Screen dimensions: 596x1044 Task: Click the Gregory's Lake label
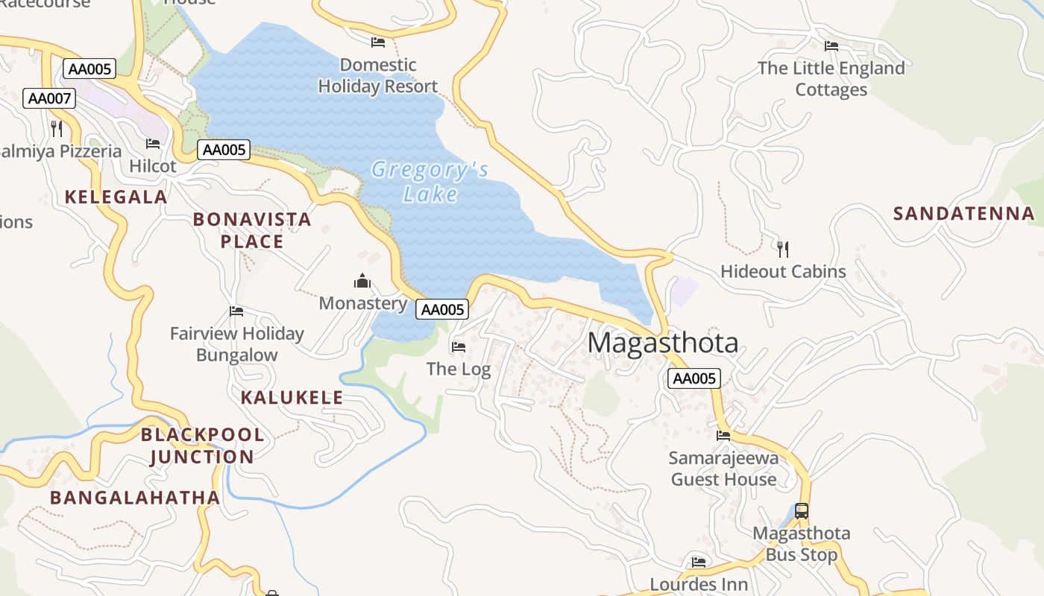pyautogui.click(x=430, y=182)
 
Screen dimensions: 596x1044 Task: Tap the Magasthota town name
pyautogui.click(x=663, y=343)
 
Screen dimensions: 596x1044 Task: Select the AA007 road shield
pyautogui.click(x=49, y=98)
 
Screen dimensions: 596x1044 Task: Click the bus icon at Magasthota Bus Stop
pyautogui.click(x=802, y=511)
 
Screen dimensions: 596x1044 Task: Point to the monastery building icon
pyautogui.click(x=362, y=281)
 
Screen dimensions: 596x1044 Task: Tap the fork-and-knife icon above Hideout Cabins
pyautogui.click(x=782, y=249)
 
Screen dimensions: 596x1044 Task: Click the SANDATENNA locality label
pyautogui.click(x=964, y=214)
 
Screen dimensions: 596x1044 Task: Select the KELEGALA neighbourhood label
pyautogui.click(x=116, y=197)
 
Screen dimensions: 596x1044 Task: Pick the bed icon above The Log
pyautogui.click(x=459, y=346)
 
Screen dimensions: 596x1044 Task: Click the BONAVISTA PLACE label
pyautogui.click(x=252, y=230)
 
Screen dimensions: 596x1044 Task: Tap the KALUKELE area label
pyautogui.click(x=292, y=398)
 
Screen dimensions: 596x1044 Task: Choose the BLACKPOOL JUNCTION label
pyautogui.click(x=202, y=446)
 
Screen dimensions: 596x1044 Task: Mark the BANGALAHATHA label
pyautogui.click(x=135, y=498)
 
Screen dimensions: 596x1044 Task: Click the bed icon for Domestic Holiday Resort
pyautogui.click(x=378, y=42)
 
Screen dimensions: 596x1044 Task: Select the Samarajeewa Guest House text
pyautogui.click(x=723, y=469)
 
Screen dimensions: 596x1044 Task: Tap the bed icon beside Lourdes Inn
pyautogui.click(x=699, y=562)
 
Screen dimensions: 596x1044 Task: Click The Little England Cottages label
pyautogui.click(x=831, y=79)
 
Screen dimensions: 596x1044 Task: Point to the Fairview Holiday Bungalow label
pyautogui.click(x=236, y=344)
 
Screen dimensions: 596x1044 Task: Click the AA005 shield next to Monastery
pyautogui.click(x=442, y=310)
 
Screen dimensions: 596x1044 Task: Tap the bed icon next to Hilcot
pyautogui.click(x=153, y=143)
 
